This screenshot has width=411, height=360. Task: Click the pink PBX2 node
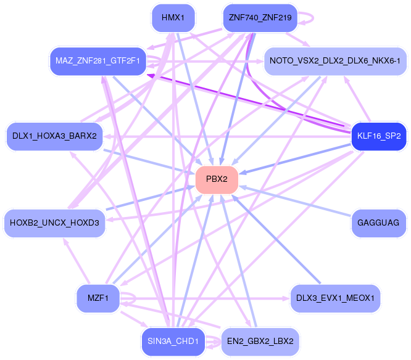click(x=217, y=179)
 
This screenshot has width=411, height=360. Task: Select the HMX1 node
click(x=173, y=18)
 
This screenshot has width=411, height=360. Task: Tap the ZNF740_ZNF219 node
click(x=260, y=18)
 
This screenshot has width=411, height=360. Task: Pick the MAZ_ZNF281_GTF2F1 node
click(x=98, y=61)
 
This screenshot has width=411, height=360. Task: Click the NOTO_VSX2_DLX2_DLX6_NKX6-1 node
click(x=335, y=60)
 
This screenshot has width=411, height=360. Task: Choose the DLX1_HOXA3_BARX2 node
click(x=54, y=136)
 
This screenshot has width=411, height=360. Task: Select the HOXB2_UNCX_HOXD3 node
click(x=54, y=223)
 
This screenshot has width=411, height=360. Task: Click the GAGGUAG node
click(x=378, y=222)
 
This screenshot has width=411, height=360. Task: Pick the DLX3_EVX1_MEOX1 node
click(x=335, y=298)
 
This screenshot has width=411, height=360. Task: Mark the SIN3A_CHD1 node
click(x=173, y=341)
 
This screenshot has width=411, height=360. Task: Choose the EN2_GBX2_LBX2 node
click(x=260, y=341)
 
